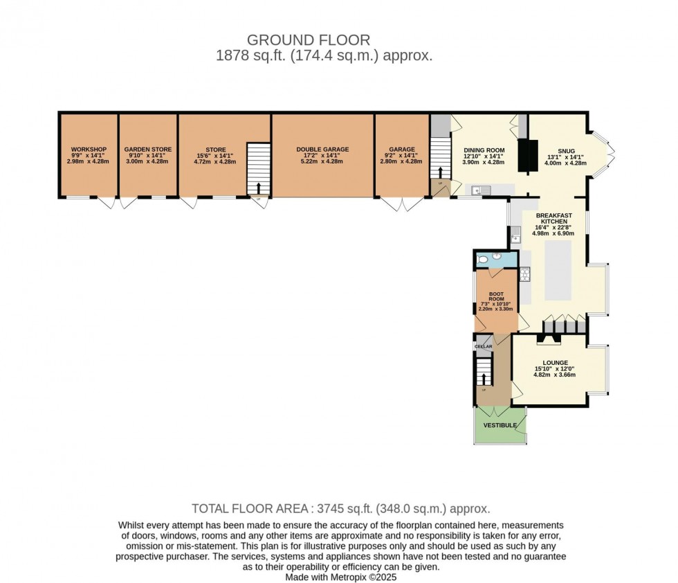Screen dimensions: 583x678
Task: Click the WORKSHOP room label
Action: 88,150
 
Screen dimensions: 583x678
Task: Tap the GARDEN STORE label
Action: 148,150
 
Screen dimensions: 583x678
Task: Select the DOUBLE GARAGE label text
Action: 322,150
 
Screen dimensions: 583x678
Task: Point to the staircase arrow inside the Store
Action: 259,188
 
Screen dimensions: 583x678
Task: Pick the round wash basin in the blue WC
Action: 496,255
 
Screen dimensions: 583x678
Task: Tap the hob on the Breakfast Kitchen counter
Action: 524,275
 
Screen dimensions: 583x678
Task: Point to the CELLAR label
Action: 484,346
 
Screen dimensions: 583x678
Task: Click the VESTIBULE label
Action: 500,425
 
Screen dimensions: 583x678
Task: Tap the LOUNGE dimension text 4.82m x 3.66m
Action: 555,375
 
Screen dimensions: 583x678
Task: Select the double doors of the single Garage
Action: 402,204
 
